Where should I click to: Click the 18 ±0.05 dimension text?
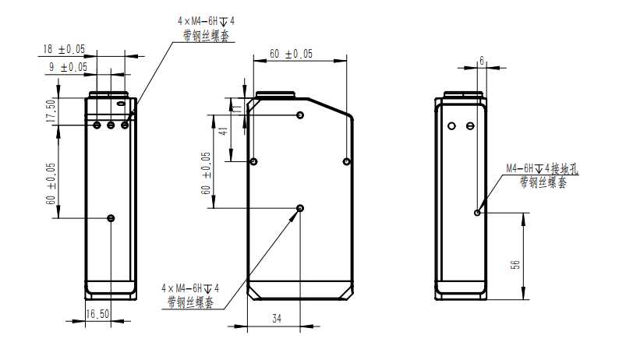pyautogui.click(x=64, y=49)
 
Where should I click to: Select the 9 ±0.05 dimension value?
pyautogui.click(x=67, y=68)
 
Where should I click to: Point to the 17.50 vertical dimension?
pyautogui.click(x=51, y=111)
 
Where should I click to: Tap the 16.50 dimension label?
pyautogui.click(x=97, y=314)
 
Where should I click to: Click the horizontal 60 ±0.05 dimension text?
pyautogui.click(x=291, y=54)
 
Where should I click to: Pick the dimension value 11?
pyautogui.click(x=238, y=108)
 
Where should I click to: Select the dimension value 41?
pyautogui.click(x=223, y=132)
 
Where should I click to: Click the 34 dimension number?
pyautogui.click(x=276, y=319)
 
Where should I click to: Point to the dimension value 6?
pyautogui.click(x=482, y=60)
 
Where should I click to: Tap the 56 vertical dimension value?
pyautogui.click(x=515, y=265)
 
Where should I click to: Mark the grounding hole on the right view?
pyautogui.click(x=478, y=211)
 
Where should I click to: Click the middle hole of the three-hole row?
pyautogui.click(x=111, y=125)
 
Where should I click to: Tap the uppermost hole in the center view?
pyautogui.click(x=301, y=115)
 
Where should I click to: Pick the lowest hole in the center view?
pyautogui.click(x=301, y=208)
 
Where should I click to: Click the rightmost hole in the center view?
pyautogui.click(x=348, y=161)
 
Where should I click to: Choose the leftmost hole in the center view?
pyautogui.click(x=253, y=161)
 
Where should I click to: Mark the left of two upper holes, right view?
pyautogui.click(x=451, y=125)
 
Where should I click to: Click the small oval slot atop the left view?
pyautogui.click(x=121, y=103)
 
